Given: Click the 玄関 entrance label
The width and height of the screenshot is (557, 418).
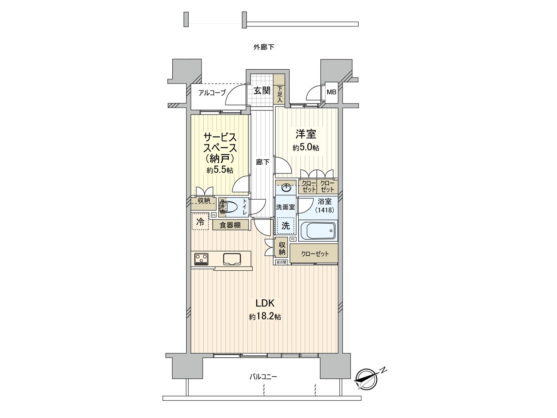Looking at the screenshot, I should coord(262,91).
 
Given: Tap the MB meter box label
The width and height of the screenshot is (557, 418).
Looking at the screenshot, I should coord(331,92).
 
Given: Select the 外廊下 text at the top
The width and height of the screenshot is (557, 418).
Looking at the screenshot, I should coord(264,47).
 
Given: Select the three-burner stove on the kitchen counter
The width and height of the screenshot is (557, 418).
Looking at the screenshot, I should coord(201,259).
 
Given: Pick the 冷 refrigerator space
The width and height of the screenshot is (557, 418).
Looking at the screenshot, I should coord(200,222).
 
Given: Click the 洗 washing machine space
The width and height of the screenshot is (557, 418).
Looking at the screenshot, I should coord(285,225).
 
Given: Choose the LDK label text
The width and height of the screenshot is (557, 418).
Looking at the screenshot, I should coord(265,303).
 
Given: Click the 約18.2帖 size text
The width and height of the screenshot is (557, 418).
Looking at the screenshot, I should coord(265,317).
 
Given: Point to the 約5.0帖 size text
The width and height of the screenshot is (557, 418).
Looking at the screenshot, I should coord(306,148).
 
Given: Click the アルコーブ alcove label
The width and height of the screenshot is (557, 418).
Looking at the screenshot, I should coord(212,93).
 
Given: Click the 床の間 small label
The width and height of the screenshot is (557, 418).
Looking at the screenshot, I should coord(281,262).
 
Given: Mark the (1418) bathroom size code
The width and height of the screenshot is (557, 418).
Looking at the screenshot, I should coord(324,210).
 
